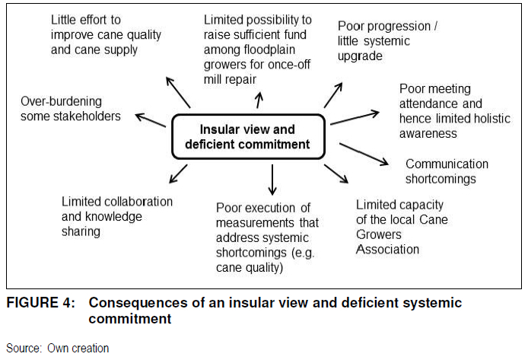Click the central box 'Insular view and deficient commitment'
(x=247, y=136)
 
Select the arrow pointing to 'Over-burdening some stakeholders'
(x=150, y=120)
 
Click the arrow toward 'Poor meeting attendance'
(x=354, y=117)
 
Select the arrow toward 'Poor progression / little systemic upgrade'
(x=333, y=95)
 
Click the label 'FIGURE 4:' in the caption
(x=40, y=304)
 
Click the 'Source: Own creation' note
(x=58, y=349)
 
